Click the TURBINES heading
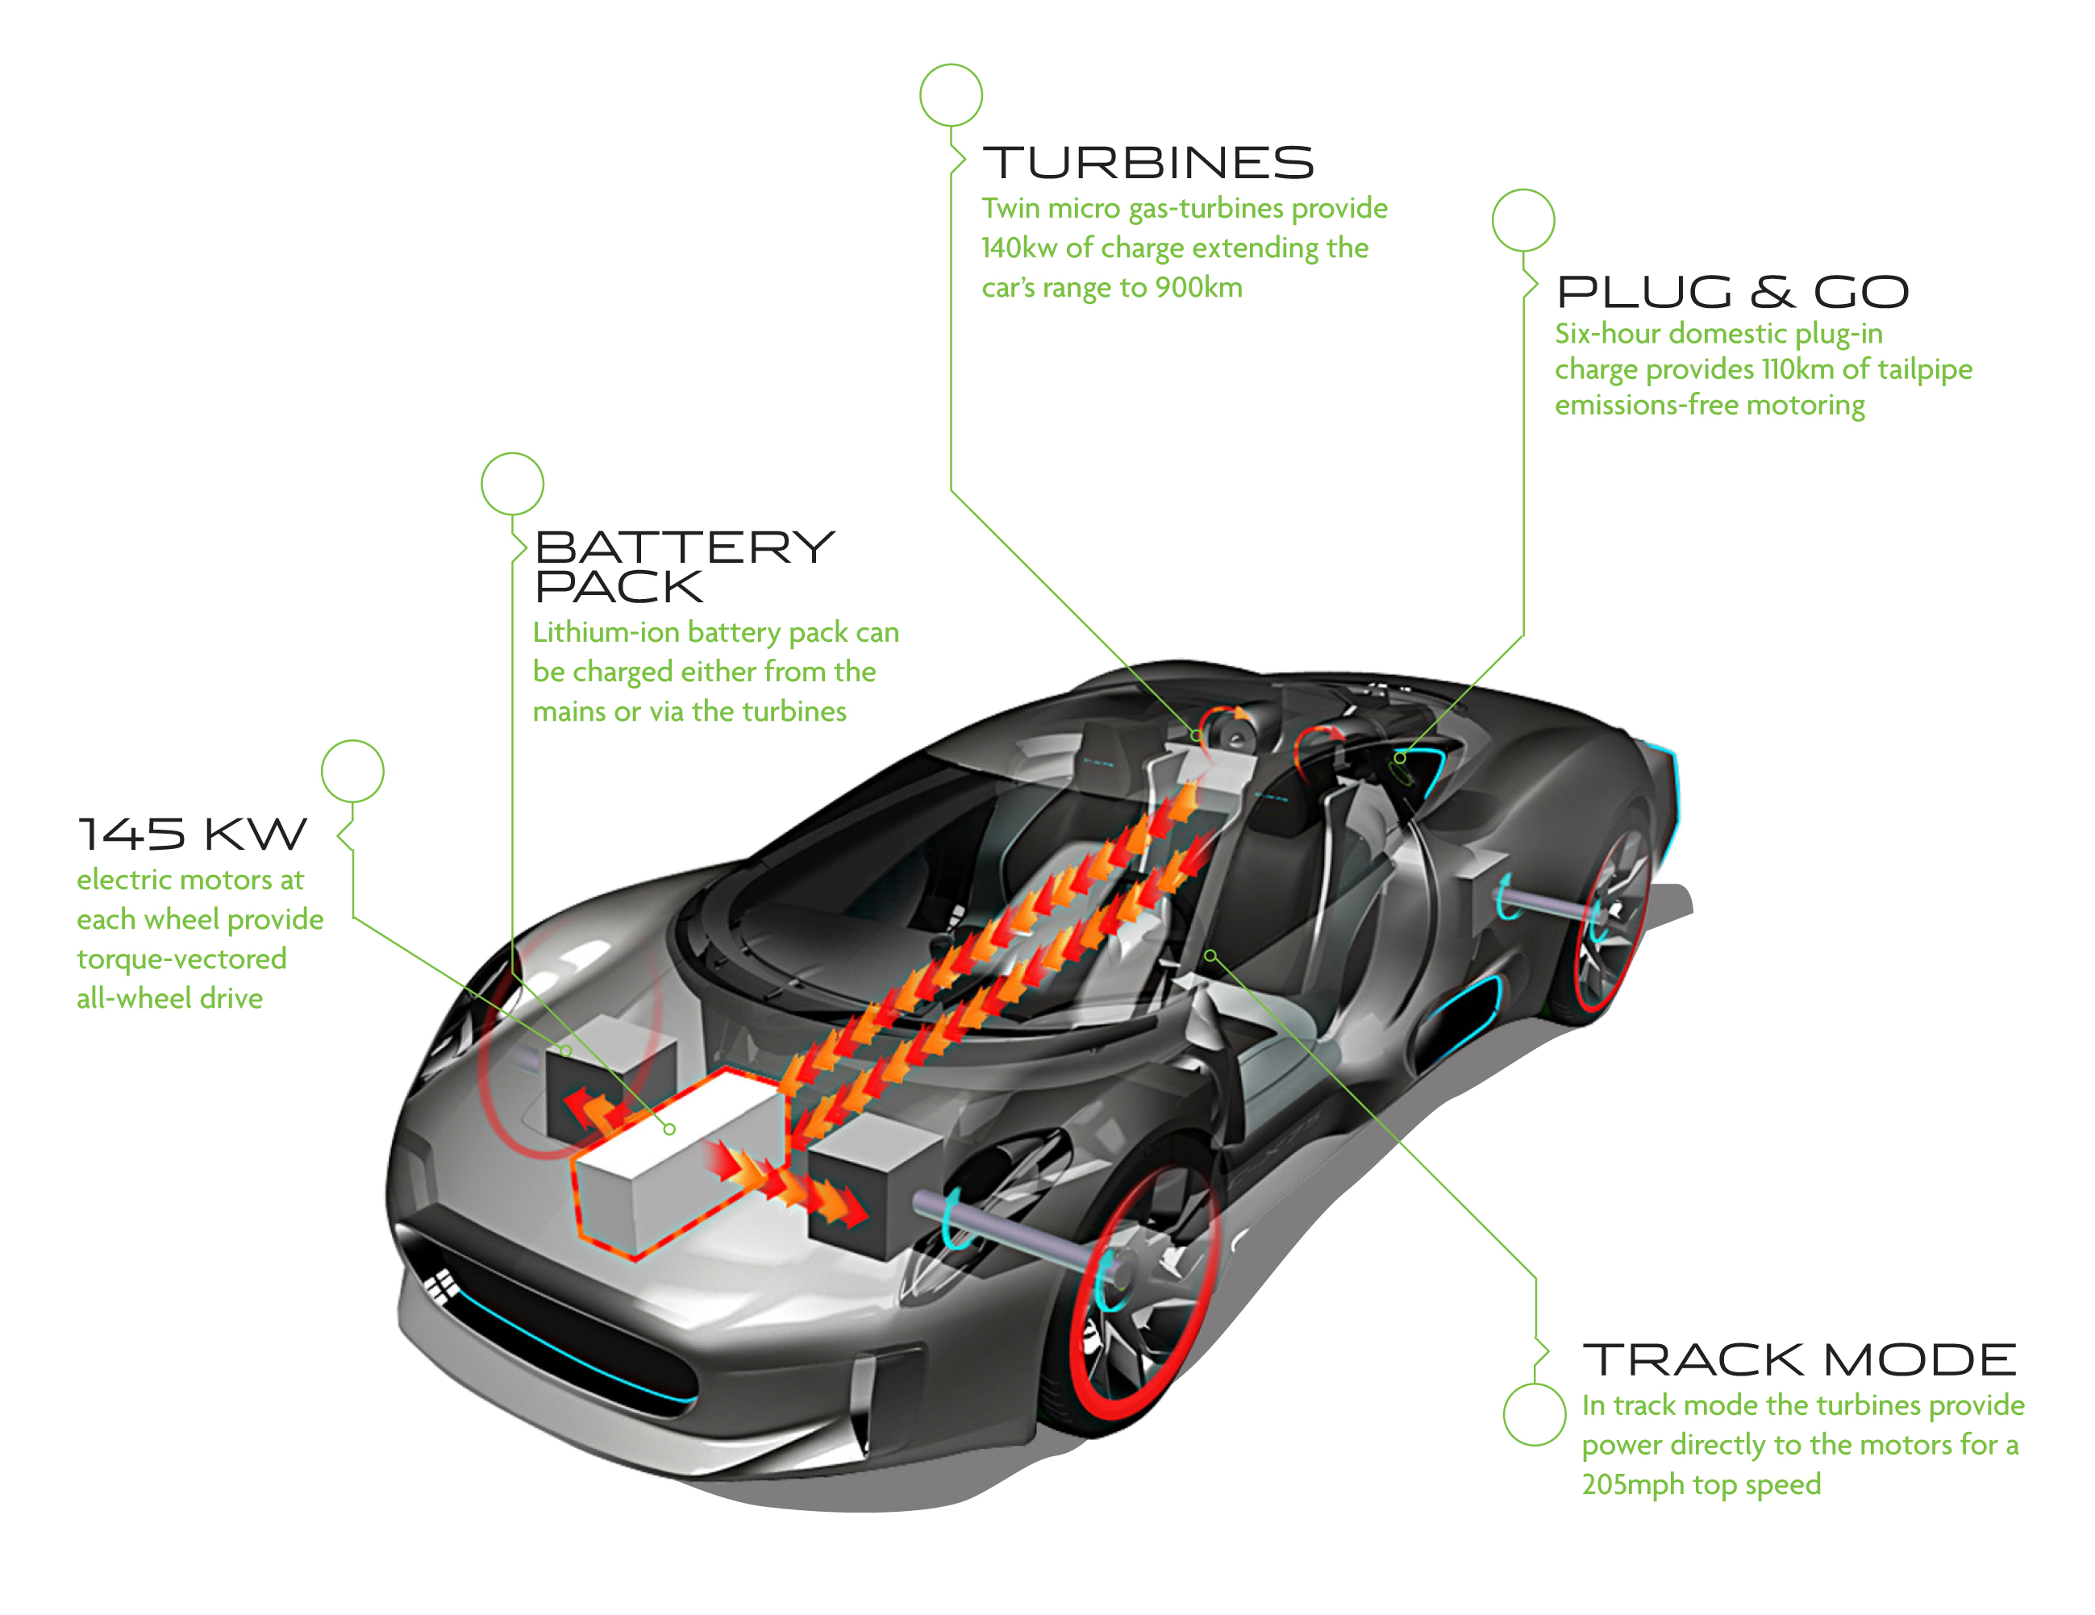(1148, 163)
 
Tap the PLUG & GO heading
(1732, 293)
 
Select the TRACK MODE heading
(1800, 1360)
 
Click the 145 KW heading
(192, 835)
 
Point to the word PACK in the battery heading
(619, 587)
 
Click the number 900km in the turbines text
(1198, 288)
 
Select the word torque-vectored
(181, 959)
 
